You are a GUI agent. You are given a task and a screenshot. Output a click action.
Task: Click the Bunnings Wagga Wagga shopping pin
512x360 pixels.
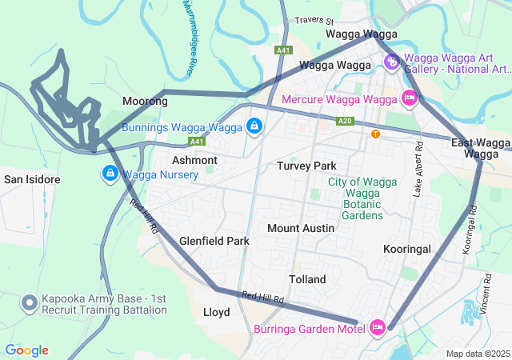point(254,126)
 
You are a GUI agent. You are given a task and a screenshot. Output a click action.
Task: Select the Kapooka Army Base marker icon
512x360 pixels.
point(30,303)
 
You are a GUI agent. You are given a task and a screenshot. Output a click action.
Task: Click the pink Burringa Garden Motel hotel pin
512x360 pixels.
point(378,328)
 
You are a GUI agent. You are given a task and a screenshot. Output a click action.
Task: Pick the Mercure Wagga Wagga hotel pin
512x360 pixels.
point(410,99)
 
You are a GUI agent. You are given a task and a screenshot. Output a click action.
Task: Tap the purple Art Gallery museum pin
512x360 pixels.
point(391,62)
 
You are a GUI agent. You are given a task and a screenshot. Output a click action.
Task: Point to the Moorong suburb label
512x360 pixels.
point(145,102)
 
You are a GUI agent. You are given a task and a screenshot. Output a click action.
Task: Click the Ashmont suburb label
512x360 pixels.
point(194,160)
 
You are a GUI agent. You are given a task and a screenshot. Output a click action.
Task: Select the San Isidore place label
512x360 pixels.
point(31,179)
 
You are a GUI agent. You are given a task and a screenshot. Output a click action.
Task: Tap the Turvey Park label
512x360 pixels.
point(306,166)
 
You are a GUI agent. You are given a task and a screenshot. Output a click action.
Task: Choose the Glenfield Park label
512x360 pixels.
point(214,241)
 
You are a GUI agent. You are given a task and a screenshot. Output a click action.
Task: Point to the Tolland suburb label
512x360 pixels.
point(307,279)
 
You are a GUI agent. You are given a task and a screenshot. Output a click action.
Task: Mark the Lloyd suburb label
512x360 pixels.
point(217,312)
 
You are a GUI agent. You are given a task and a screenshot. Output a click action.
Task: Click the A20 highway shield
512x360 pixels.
point(345,121)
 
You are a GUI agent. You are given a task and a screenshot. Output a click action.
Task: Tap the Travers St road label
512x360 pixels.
point(313,20)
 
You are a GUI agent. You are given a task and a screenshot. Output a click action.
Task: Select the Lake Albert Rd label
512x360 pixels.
point(418,169)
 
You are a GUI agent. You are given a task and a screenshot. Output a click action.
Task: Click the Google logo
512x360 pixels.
point(27,350)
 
